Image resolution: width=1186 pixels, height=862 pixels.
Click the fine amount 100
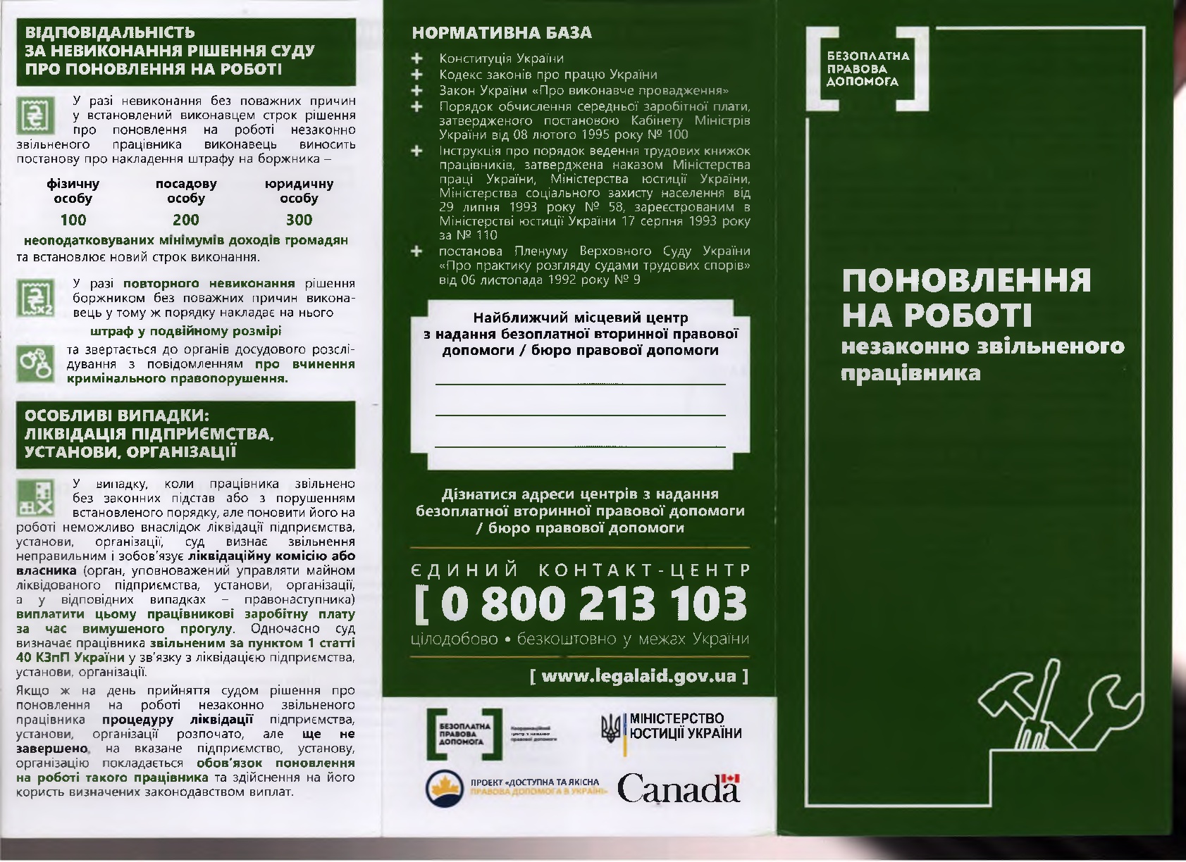click(73, 220)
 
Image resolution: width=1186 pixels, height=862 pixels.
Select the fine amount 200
click(186, 220)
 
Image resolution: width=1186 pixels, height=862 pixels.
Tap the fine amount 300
click(299, 220)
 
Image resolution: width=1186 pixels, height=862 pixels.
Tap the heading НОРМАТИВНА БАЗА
click(501, 33)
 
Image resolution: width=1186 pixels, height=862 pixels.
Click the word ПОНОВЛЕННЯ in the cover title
click(966, 280)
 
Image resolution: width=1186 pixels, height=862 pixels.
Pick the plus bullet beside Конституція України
click(417, 58)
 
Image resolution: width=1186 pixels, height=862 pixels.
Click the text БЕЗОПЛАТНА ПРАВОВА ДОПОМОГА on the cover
click(868, 68)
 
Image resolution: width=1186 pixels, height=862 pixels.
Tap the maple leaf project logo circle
click(443, 788)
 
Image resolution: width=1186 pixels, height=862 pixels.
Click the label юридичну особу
click(299, 191)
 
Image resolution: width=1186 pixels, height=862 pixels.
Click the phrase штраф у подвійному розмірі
click(186, 331)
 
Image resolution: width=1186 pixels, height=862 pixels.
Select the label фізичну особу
click(73, 191)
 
